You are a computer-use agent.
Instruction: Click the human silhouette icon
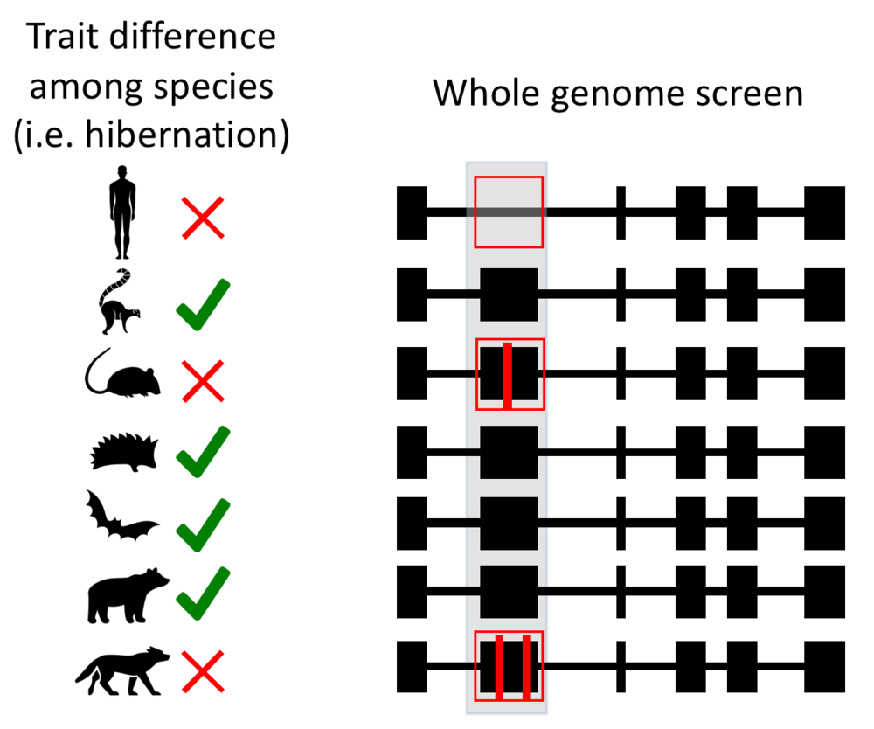[x=123, y=212]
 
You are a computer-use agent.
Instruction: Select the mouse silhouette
[x=122, y=375]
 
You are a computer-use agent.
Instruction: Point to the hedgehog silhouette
[x=126, y=451]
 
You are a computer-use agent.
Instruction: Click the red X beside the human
[x=202, y=218]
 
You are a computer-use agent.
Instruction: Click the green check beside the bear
[x=202, y=592]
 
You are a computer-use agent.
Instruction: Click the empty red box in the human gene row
[x=509, y=212]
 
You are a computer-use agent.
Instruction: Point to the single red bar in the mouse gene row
[x=507, y=376]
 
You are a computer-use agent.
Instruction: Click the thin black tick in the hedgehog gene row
[x=621, y=452]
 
